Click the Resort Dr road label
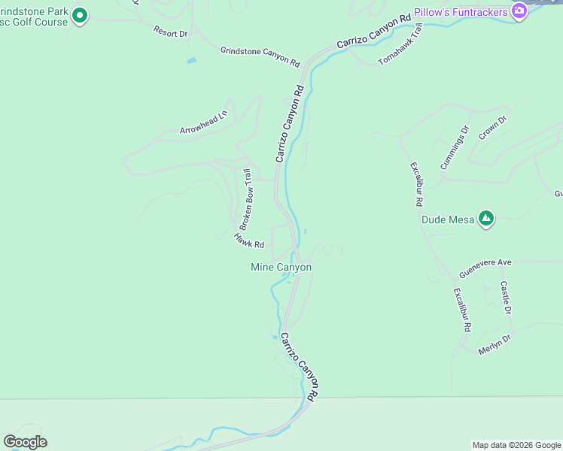pyautogui.click(x=170, y=32)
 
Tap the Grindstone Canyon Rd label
pyautogui.click(x=260, y=56)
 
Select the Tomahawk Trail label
pyautogui.click(x=401, y=44)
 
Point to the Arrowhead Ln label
pyautogui.click(x=203, y=123)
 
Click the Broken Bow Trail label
pyautogui.click(x=246, y=199)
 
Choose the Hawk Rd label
pyautogui.click(x=248, y=241)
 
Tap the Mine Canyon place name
pyautogui.click(x=281, y=267)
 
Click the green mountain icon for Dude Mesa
pyautogui.click(x=486, y=219)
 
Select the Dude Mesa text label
pyautogui.click(x=447, y=219)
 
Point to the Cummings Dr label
pyautogui.click(x=455, y=147)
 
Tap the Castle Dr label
pyautogui.click(x=506, y=298)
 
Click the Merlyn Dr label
pyautogui.click(x=495, y=344)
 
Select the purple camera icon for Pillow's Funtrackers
pyautogui.click(x=519, y=10)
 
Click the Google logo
pyautogui.click(x=25, y=442)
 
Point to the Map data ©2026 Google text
pyautogui.click(x=516, y=445)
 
